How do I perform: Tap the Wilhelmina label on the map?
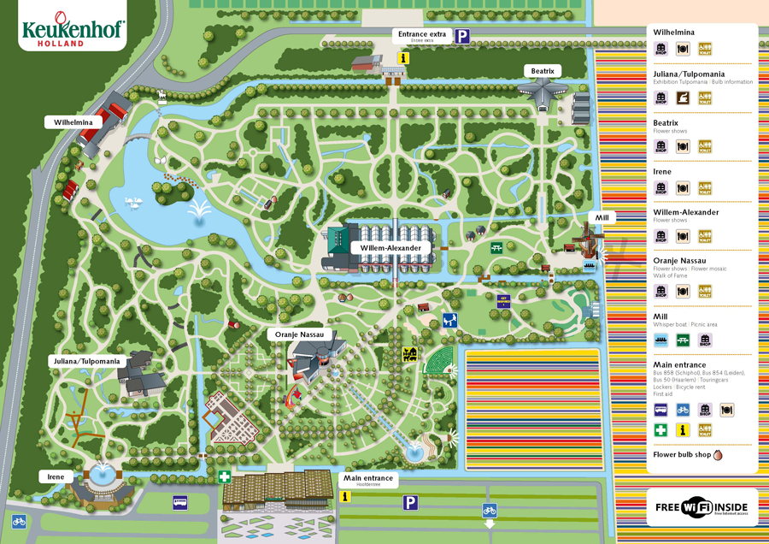pyautogui.click(x=73, y=122)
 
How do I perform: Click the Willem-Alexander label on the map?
pyautogui.click(x=390, y=248)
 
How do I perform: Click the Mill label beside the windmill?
pyautogui.click(x=602, y=218)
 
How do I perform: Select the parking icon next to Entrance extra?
pyautogui.click(x=462, y=36)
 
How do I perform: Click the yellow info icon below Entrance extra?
pyautogui.click(x=404, y=58)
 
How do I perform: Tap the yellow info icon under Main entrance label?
pyautogui.click(x=345, y=496)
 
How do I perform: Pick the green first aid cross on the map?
pyautogui.click(x=224, y=477)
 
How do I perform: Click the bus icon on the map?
pyautogui.click(x=180, y=502)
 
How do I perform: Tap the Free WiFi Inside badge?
pyautogui.click(x=701, y=507)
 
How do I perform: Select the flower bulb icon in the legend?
pyautogui.click(x=717, y=455)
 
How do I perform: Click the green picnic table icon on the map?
pyautogui.click(x=496, y=248)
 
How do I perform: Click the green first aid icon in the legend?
pyautogui.click(x=661, y=430)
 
